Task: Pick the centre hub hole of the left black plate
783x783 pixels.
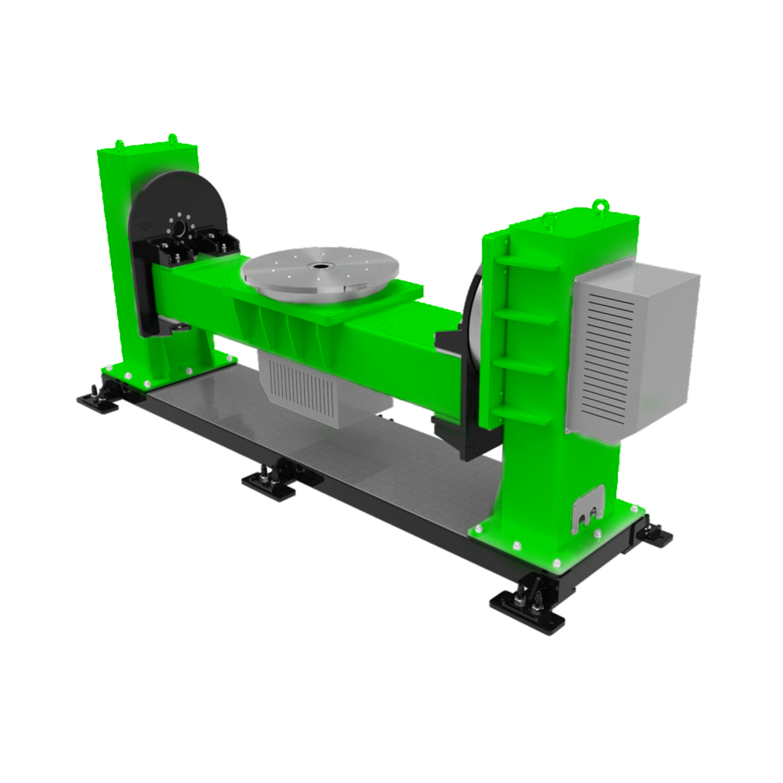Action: coord(179,229)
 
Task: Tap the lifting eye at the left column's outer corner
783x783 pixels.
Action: coord(119,144)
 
